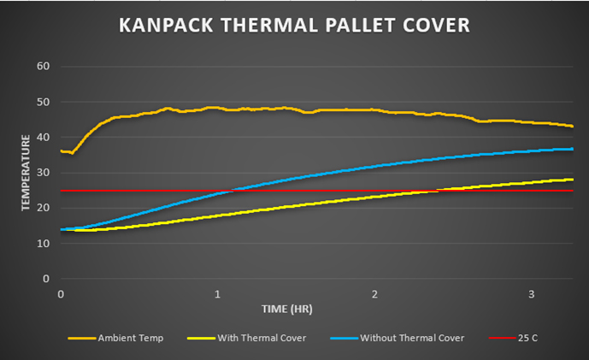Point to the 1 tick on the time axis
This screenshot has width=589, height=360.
[x=218, y=293]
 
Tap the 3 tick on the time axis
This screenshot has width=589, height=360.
[x=533, y=293]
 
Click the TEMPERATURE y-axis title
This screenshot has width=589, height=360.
[x=26, y=171]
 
